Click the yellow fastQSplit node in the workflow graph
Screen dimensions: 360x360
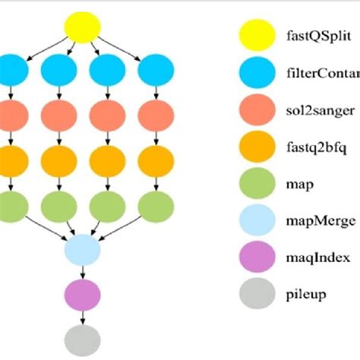pyautogui.click(x=83, y=30)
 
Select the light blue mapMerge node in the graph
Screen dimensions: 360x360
pyautogui.click(x=83, y=249)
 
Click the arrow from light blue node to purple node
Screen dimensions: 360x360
pyautogui.click(x=83, y=271)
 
